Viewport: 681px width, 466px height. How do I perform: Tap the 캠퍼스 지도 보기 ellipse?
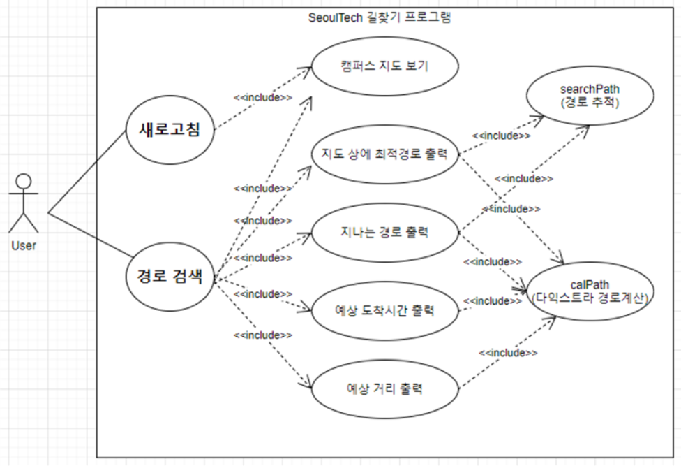pos(385,68)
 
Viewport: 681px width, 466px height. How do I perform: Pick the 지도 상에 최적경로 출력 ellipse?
pos(385,154)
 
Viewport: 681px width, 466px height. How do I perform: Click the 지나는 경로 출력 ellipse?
pos(385,233)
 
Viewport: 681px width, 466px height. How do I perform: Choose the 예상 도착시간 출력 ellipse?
pos(385,310)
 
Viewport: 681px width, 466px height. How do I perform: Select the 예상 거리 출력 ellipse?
pos(385,388)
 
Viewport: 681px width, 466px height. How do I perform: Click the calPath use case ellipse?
pos(590,291)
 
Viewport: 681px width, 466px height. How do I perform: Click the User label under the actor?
pos(23,245)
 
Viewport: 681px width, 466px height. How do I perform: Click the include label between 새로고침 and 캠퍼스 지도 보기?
pos(264,97)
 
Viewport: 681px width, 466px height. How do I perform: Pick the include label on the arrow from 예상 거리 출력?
pos(508,354)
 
